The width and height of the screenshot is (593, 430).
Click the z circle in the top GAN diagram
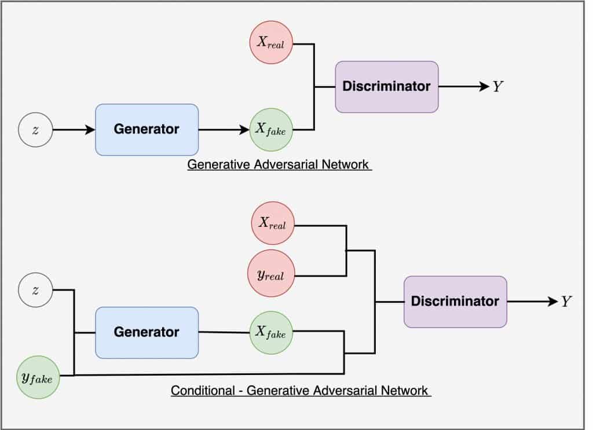click(x=35, y=130)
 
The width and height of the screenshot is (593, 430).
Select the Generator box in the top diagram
click(x=147, y=130)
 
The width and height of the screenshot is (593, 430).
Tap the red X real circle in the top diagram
click(x=271, y=43)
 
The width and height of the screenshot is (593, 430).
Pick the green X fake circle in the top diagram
click(x=271, y=130)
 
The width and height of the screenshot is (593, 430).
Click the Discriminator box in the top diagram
click(x=386, y=87)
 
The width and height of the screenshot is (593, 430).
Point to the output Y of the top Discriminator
click(x=498, y=87)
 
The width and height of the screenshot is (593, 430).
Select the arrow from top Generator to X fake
click(x=224, y=130)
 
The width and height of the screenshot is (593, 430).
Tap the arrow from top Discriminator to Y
click(x=464, y=87)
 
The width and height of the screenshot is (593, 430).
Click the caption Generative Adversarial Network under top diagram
click(x=279, y=164)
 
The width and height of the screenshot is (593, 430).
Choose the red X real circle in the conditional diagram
click(x=272, y=223)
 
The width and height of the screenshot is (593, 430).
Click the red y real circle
click(x=272, y=274)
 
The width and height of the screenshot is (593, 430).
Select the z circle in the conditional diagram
click(x=35, y=290)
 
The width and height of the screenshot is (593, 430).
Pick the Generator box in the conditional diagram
click(x=147, y=332)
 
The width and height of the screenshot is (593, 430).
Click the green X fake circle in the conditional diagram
click(x=271, y=332)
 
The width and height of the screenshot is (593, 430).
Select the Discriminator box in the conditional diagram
click(x=455, y=302)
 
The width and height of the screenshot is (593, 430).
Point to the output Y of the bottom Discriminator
click(x=566, y=302)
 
